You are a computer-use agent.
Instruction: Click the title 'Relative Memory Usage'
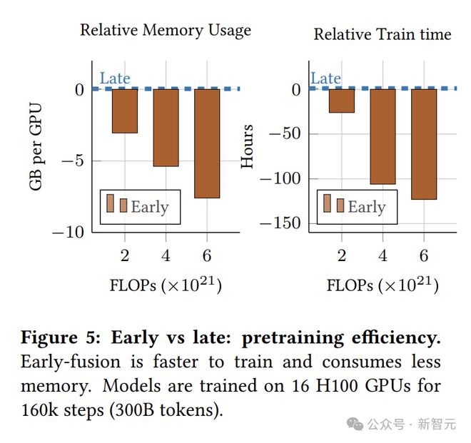166,30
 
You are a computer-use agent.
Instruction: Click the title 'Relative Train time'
383,34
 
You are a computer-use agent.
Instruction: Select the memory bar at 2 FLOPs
124,111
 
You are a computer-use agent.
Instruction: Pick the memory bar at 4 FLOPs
166,128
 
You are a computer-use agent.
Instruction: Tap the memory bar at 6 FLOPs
207,143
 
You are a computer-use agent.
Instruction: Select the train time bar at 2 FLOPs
341,101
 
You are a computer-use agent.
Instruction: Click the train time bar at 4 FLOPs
383,136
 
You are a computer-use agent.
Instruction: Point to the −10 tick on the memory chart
68,232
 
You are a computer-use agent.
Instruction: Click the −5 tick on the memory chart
72,161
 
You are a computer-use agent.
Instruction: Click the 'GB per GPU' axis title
36,147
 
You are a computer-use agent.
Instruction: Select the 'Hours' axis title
248,147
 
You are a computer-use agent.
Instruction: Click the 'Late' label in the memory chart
115,78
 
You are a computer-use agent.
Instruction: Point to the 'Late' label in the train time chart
325,78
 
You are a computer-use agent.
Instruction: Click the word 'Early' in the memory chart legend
150,207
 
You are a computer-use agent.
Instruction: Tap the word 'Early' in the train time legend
367,207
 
